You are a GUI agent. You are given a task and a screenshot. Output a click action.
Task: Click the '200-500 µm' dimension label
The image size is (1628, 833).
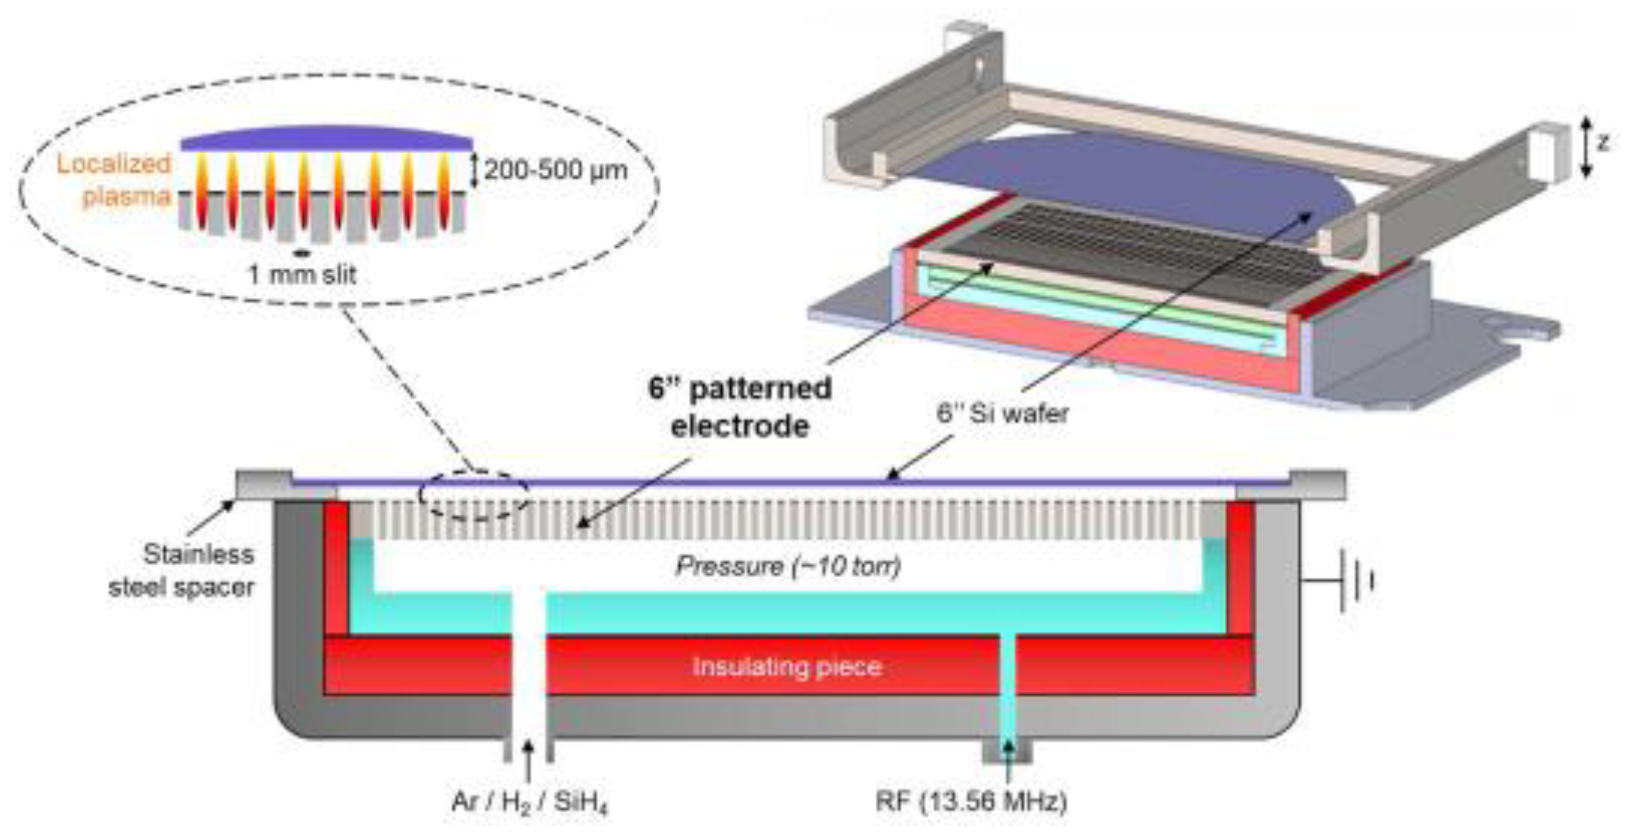coord(555,170)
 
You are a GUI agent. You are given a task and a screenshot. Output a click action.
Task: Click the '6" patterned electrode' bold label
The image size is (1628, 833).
coord(740,406)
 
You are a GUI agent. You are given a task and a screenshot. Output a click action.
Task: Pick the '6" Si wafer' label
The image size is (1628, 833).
coord(1002,413)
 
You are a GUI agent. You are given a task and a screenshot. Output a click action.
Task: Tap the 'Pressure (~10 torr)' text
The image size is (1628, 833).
coord(788,566)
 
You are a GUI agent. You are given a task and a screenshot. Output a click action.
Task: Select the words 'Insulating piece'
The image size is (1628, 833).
coord(787,667)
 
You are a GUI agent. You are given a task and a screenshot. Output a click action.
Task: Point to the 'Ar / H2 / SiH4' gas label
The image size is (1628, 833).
coord(530,802)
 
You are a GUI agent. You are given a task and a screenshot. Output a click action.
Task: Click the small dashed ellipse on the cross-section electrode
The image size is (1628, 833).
coord(473,496)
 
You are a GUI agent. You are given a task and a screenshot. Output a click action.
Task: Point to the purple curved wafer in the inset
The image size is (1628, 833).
coord(327,138)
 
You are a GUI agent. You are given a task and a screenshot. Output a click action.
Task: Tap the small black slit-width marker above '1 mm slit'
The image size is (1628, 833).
coord(303,254)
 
